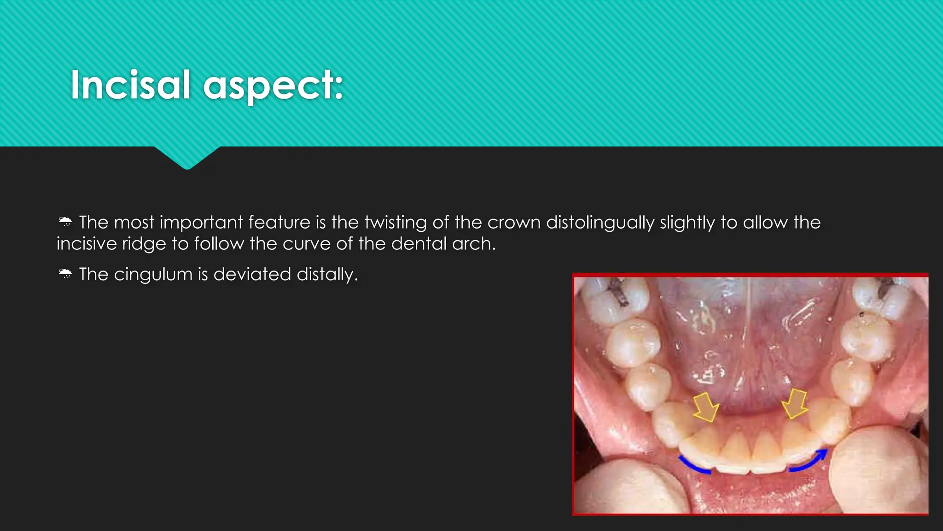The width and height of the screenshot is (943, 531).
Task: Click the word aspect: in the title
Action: [274, 86]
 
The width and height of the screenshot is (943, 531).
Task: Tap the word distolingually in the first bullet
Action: [600, 223]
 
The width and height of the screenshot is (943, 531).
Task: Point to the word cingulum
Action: [153, 274]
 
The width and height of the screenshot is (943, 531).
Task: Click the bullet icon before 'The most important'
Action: [65, 222]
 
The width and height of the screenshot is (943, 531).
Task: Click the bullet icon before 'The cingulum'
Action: [65, 274]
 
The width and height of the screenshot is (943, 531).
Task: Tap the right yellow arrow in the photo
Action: [795, 403]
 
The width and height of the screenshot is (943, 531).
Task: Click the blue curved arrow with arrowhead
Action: [809, 461]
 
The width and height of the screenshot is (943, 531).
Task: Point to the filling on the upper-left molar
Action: [617, 293]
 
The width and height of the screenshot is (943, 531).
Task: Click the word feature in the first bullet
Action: [279, 223]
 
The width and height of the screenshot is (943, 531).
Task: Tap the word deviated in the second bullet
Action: [252, 274]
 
